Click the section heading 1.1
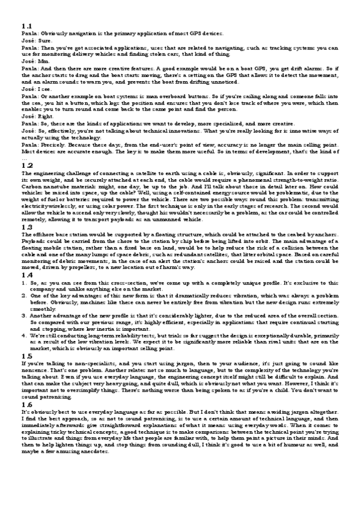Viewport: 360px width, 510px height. click(x=26, y=26)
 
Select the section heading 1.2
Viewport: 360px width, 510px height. click(x=26, y=165)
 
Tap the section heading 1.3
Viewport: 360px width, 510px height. click(x=26, y=227)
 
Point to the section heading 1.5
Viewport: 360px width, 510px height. click(x=26, y=357)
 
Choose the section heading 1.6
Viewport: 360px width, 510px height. click(x=26, y=406)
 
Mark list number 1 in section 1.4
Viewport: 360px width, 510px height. click(x=24, y=282)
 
